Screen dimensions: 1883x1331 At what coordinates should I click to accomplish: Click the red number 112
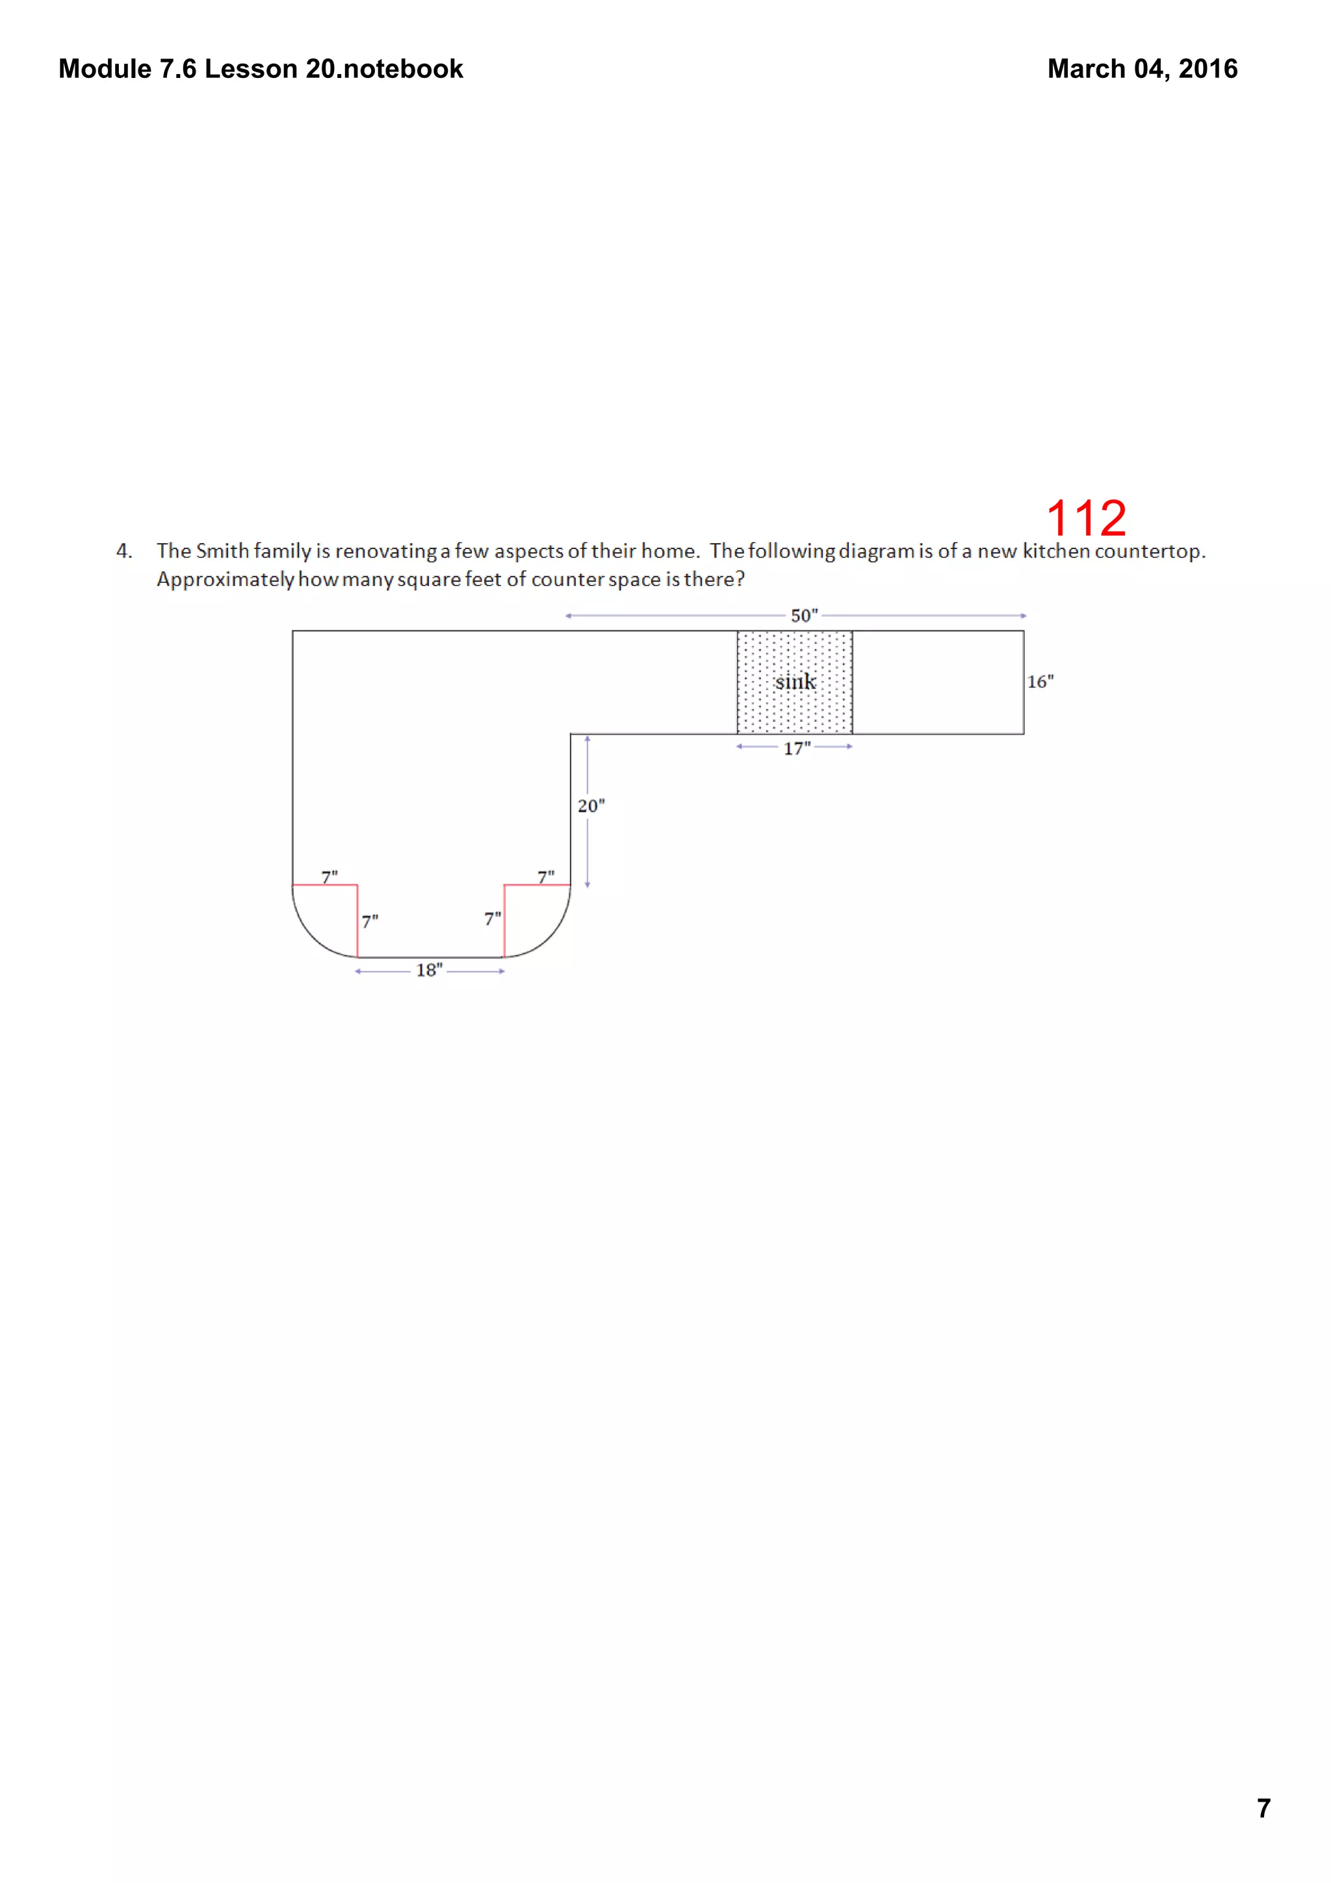point(1086,519)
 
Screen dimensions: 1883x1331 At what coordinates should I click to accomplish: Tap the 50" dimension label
point(804,615)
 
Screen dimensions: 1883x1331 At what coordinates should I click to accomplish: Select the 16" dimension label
point(1040,682)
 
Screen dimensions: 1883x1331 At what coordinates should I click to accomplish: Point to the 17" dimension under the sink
point(796,748)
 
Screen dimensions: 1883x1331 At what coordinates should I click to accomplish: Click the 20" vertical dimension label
point(591,806)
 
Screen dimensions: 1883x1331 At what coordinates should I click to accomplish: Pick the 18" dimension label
point(429,970)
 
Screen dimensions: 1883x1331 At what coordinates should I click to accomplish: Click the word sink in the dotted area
point(795,682)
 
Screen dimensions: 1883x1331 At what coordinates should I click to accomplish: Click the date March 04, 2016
point(1142,69)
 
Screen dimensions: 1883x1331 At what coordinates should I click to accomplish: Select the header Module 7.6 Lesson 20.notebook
point(261,69)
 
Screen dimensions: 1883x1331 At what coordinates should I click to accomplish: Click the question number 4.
point(124,551)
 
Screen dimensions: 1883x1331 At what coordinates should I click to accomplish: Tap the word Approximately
point(225,580)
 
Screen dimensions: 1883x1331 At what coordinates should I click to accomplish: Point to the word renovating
point(385,551)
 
